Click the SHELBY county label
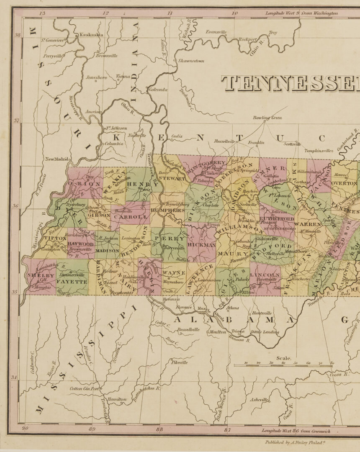[35, 276]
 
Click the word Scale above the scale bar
[283, 359]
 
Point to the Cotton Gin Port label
[84, 388]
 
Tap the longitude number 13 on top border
[41, 14]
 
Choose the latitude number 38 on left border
[18, 35]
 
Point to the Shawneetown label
[191, 61]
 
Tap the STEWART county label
[172, 178]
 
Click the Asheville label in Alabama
[259, 400]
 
